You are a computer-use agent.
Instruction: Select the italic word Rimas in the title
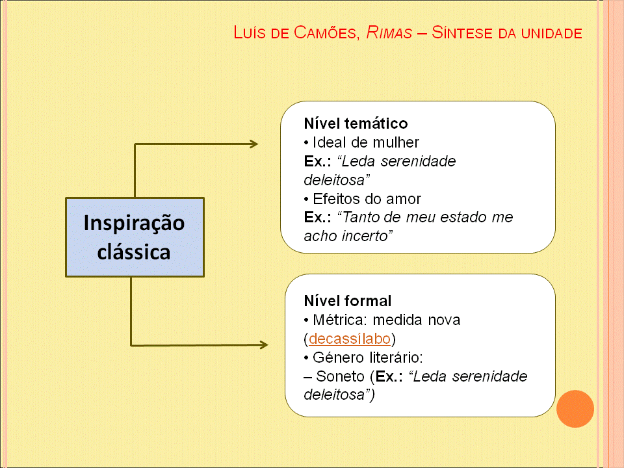tap(389, 32)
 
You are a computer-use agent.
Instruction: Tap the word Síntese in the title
tap(462, 32)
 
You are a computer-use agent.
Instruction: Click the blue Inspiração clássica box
tap(135, 237)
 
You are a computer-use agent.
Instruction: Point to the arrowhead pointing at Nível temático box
tap(253, 144)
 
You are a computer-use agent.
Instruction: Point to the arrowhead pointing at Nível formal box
tap(263, 344)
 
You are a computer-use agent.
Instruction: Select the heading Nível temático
tap(356, 123)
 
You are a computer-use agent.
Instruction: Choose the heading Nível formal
tap(348, 301)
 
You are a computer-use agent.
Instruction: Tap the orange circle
tap(575, 408)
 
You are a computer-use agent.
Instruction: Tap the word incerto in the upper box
tap(369, 236)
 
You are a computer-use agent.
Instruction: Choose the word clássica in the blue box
tap(134, 252)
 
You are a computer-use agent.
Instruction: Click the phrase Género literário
tap(367, 357)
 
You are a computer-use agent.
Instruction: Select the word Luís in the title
tap(249, 32)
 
